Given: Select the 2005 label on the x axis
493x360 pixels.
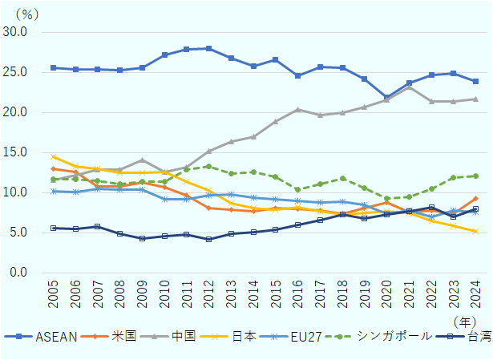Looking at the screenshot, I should (54, 296).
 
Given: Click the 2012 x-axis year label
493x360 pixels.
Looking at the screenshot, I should (209, 296).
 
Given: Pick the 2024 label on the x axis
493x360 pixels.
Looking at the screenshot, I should (475, 296).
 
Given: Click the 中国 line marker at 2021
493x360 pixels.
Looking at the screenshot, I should (409, 87).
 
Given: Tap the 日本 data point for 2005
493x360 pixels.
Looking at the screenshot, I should (54, 156).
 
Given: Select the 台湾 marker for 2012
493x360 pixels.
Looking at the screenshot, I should (209, 239).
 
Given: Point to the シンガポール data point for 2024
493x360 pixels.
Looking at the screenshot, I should (475, 176).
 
